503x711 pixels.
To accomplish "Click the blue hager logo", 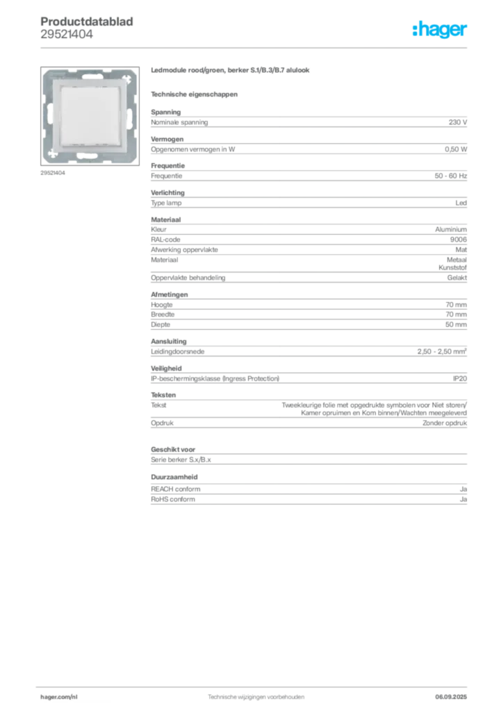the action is (441, 31).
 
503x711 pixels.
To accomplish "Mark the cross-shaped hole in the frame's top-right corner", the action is (123, 76).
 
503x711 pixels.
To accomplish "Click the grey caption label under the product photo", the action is (53, 174).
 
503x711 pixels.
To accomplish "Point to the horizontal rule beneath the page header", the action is (255, 47).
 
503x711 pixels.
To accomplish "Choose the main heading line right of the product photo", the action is (230, 72).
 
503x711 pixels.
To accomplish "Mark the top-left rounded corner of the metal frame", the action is (45, 73).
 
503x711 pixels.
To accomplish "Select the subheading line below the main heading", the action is (194, 94).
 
